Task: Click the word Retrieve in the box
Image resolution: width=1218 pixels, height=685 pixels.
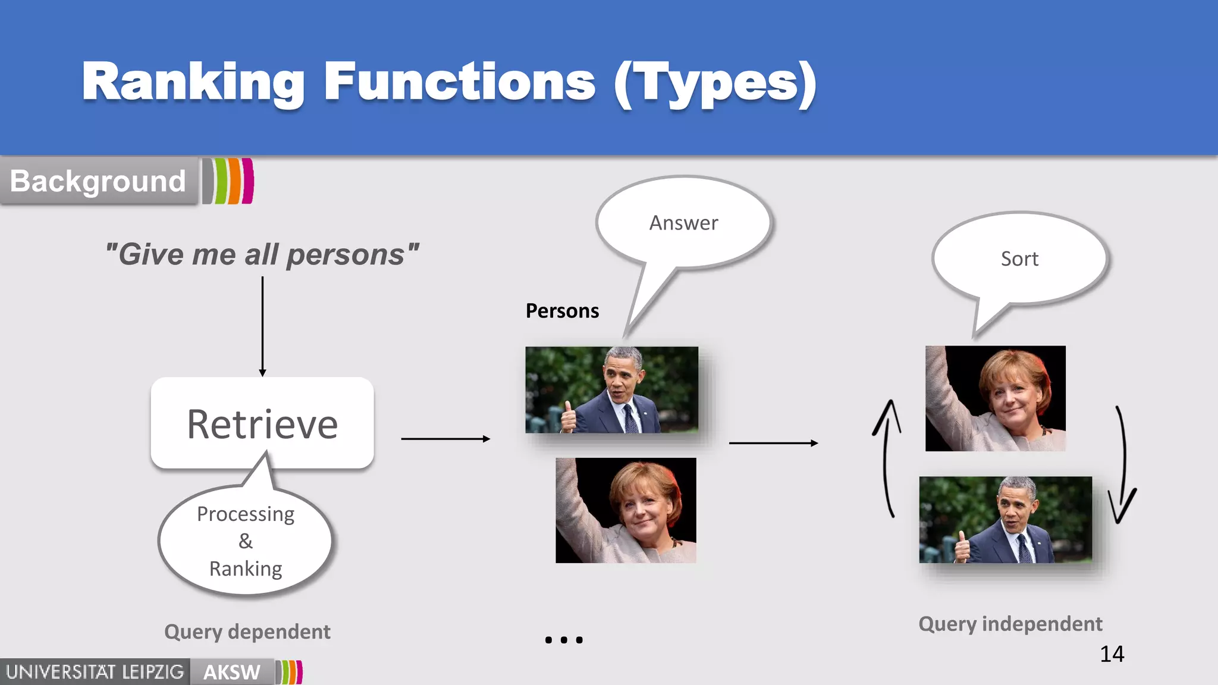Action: pos(262,425)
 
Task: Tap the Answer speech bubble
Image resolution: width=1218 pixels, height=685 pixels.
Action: pos(683,223)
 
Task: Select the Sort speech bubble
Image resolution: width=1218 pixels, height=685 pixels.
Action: pos(1019,259)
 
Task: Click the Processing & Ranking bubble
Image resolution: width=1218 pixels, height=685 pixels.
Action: pos(246,541)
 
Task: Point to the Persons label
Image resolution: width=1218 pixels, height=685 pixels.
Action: pos(562,311)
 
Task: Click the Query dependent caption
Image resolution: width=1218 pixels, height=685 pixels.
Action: pos(247,631)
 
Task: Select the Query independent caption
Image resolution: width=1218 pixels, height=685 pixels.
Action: pos(1010,624)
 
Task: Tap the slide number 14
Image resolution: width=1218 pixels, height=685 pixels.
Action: pos(1112,654)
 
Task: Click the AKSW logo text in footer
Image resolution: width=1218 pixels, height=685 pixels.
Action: pos(231,673)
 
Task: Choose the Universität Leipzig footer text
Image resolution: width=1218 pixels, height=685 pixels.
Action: pos(95,673)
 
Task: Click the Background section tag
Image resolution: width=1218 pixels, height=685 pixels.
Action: pos(98,181)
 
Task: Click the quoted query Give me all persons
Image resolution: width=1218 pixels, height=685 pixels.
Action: pos(262,254)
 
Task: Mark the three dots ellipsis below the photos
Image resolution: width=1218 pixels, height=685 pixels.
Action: pos(564,640)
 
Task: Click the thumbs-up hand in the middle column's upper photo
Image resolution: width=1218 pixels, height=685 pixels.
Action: pos(569,417)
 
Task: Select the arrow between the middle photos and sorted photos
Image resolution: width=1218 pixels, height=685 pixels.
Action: pos(773,443)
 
